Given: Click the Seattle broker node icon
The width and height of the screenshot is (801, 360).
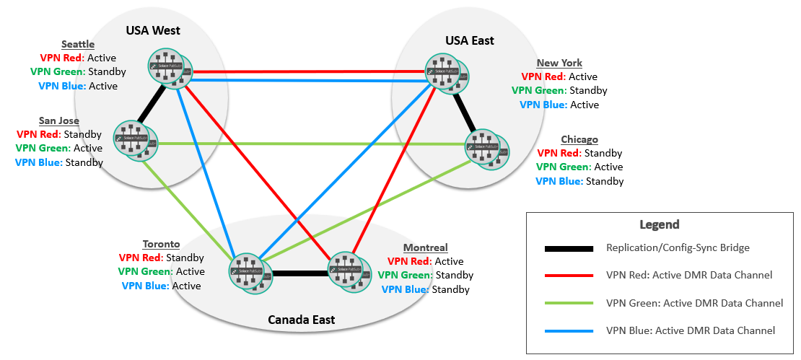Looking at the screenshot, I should tap(171, 68).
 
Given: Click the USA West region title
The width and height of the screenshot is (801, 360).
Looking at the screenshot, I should tap(153, 30).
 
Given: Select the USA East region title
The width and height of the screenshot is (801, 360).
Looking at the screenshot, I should tap(469, 40).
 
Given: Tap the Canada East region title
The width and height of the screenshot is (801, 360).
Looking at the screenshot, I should tap(301, 320).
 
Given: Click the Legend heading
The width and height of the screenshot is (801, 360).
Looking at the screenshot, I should tap(659, 224).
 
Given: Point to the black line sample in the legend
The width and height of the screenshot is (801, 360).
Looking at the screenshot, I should tap(569, 248).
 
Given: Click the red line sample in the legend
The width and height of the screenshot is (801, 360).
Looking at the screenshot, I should tap(569, 276).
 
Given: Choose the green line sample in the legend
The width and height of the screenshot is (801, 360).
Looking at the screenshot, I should tap(569, 303).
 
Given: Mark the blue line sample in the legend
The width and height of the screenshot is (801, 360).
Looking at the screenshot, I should tap(569, 331).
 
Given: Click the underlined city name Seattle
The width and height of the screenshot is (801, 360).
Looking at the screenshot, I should tap(78, 45).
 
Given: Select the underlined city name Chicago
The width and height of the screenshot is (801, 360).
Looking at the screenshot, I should tap(579, 139).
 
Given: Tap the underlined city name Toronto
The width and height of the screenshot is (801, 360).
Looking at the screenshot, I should tap(162, 244).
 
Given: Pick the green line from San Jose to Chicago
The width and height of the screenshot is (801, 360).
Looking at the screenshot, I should tap(310, 144).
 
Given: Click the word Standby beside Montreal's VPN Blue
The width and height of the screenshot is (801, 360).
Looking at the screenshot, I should tap(450, 289).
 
